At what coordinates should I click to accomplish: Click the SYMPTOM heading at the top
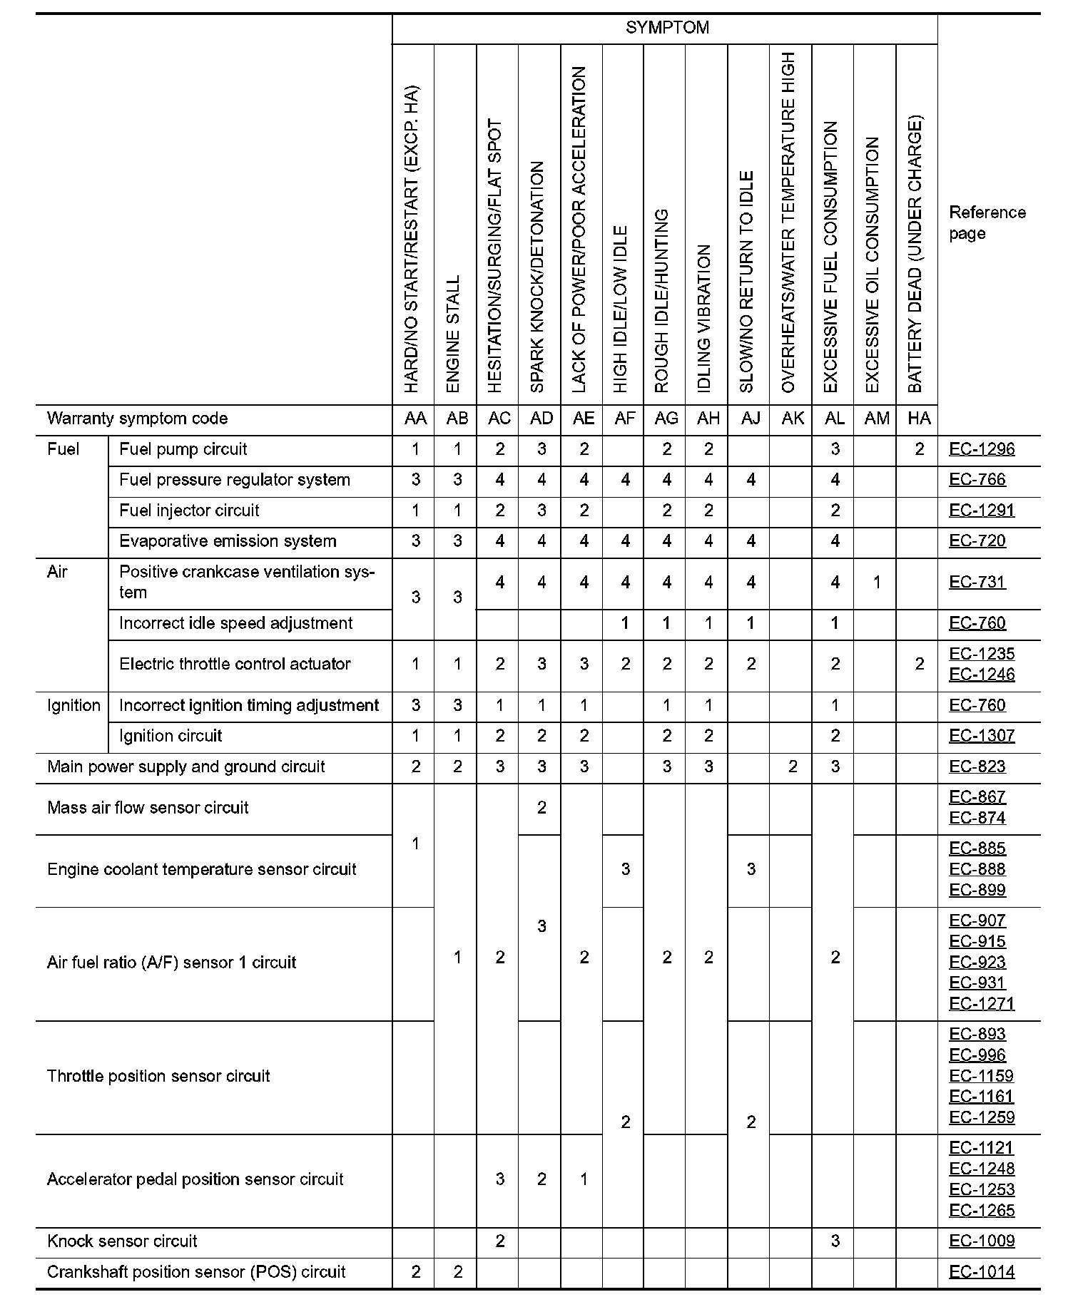coord(667,28)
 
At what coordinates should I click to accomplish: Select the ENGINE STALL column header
coord(454,334)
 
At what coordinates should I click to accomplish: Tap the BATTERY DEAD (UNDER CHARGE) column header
coord(916,253)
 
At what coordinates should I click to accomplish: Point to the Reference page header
coord(987,222)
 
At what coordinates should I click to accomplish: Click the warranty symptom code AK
coord(792,419)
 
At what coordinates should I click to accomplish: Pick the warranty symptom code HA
coord(919,419)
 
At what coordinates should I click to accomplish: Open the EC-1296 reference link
coord(982,449)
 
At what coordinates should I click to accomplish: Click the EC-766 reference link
coord(977,480)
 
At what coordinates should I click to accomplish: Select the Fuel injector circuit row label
coord(189,511)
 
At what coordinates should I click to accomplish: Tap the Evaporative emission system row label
coord(228,541)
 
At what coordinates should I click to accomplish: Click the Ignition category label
coord(73,705)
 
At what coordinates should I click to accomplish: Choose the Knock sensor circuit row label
coord(122,1241)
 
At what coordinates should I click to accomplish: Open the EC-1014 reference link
coord(982,1271)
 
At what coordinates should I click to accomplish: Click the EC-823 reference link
coord(977,767)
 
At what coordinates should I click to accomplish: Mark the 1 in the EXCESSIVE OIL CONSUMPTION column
coord(876,583)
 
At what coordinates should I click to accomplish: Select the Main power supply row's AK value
coord(792,767)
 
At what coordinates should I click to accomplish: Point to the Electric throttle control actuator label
coord(235,664)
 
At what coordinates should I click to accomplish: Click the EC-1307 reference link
coord(982,736)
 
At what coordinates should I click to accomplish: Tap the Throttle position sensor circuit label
coord(158,1076)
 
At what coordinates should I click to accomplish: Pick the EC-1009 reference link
coord(982,1241)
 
